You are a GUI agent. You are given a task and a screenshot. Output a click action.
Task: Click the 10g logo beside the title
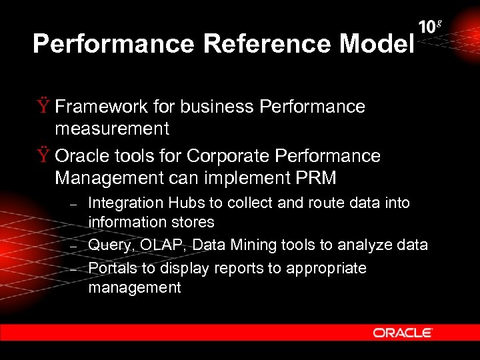coord(430,27)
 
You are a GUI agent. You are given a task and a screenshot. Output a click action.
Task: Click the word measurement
coord(112,127)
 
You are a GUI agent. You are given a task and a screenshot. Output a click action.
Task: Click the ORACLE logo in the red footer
coord(403,333)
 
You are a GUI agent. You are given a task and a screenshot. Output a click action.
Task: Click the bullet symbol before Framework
coord(44,107)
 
